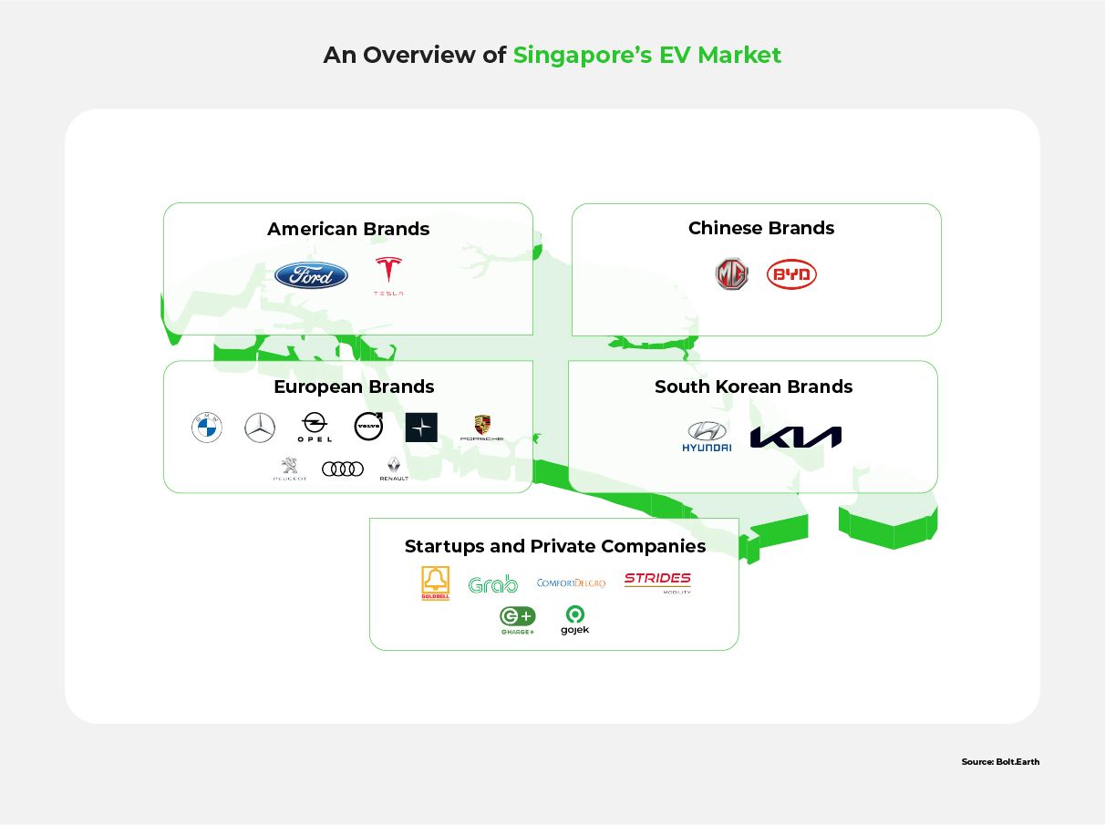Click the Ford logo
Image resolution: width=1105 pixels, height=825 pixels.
pos(311,274)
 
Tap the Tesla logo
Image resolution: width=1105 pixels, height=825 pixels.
pos(388,274)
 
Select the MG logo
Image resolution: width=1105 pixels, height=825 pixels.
pos(731,274)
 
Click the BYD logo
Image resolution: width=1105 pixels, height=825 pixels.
pos(791,274)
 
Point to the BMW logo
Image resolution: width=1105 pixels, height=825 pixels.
pos(207,428)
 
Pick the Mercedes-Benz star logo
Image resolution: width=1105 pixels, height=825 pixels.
pos(260,428)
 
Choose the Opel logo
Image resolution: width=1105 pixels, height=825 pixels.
pos(315,427)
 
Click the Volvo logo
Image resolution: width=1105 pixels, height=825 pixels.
pos(368,426)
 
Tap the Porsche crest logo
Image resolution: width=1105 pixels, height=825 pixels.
pos(481,428)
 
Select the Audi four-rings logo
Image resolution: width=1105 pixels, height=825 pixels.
pos(343,469)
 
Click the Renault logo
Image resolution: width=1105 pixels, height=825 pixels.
pos(394,469)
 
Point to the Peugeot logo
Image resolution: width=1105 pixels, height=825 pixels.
pos(289,469)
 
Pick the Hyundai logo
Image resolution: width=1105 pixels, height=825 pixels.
pos(707,437)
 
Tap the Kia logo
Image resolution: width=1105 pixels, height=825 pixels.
pos(795,438)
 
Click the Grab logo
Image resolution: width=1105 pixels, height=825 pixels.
pos(492,583)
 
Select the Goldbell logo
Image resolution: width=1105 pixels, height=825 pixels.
pos(435,583)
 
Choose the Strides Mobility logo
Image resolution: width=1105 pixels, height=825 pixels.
pos(657,582)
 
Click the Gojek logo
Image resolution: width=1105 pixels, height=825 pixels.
pos(574,620)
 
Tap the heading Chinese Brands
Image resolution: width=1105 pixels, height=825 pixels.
pos(761,228)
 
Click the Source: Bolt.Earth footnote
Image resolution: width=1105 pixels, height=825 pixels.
pos(999,761)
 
